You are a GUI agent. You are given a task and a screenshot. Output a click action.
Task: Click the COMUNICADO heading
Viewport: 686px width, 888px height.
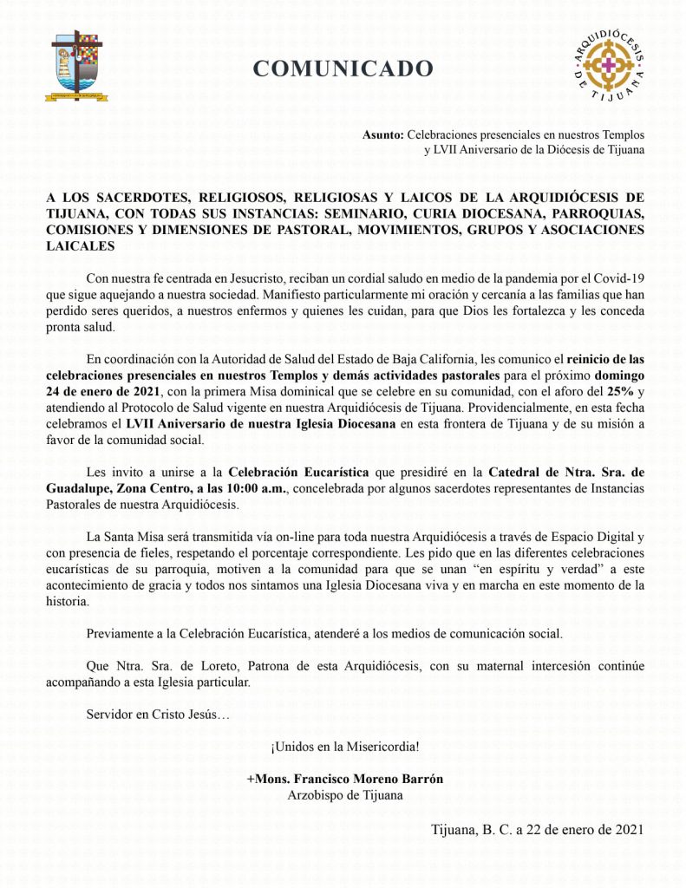[343, 69]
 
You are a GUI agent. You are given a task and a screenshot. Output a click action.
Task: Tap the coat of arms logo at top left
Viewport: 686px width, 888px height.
[79, 65]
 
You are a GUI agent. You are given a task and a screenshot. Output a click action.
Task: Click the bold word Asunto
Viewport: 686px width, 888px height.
[382, 134]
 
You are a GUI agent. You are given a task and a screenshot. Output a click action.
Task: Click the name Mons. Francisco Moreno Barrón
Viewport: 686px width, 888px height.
[345, 779]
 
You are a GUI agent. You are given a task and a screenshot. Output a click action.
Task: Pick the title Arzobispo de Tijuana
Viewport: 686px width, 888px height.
[345, 794]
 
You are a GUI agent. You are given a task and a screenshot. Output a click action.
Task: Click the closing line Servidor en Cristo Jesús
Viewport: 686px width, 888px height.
[159, 715]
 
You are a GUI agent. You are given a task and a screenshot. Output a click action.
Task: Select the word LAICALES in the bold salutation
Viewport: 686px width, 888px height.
[80, 246]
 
